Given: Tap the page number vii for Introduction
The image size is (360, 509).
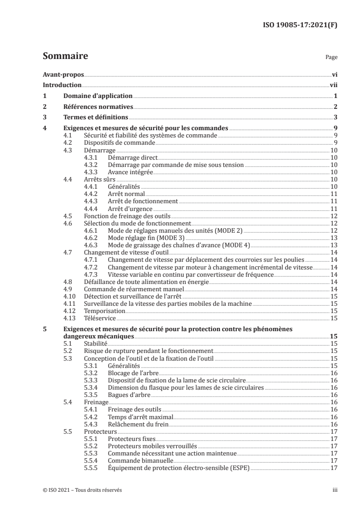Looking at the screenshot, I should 333,85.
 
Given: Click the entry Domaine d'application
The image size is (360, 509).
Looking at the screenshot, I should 98,96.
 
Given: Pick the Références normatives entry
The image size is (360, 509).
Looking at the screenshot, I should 99,107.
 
